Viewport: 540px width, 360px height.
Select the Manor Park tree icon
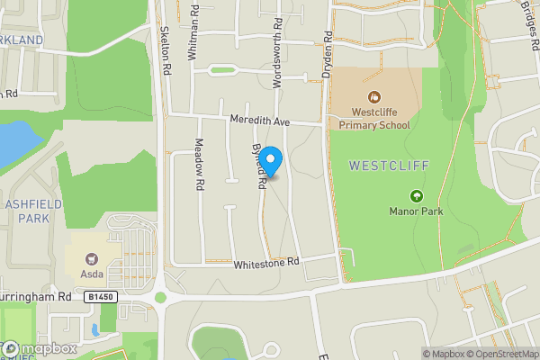tap(416, 195)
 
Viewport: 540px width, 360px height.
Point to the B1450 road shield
tap(103, 295)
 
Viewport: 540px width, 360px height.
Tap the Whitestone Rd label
tap(265, 264)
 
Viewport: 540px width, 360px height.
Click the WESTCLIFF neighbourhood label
tap(389, 166)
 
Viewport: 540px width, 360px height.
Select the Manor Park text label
tap(416, 211)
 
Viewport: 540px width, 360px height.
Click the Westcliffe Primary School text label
tap(374, 118)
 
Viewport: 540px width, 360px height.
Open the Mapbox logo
tap(39, 348)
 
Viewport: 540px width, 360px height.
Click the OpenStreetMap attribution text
tap(499, 354)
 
